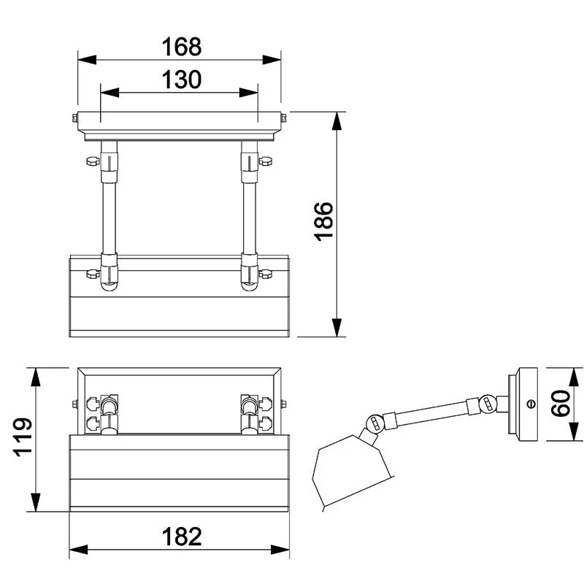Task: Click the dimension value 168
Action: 181,47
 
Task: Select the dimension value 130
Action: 181,80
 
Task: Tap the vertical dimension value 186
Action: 323,222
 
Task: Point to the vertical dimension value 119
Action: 23,437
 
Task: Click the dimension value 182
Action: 181,537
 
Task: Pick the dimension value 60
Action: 560,404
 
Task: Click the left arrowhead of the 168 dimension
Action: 87,60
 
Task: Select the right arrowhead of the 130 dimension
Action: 248,93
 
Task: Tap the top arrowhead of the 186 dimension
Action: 337,121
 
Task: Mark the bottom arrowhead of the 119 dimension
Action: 35,502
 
